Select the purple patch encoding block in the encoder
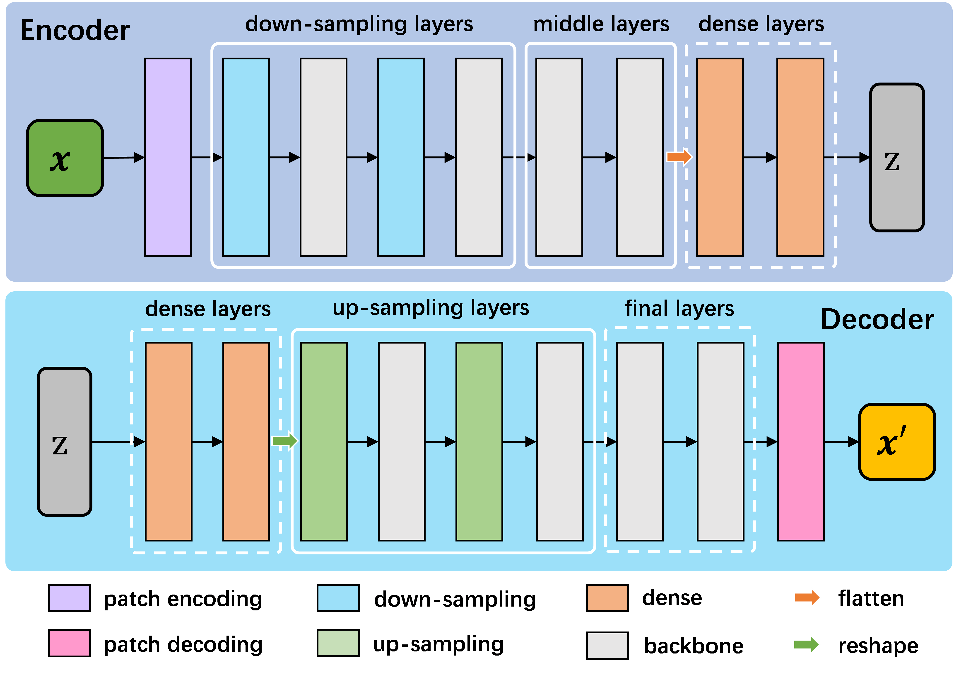pyautogui.click(x=168, y=157)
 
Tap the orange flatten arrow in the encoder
pyautogui.click(x=679, y=157)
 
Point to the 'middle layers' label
pyautogui.click(x=601, y=24)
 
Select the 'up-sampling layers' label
pyautogui.click(x=431, y=308)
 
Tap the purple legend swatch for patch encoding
pyautogui.click(x=69, y=598)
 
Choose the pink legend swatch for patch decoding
pyautogui.click(x=69, y=643)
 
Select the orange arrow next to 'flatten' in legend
pyautogui.click(x=807, y=598)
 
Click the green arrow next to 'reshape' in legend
pyautogui.click(x=806, y=645)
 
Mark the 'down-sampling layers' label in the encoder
pyautogui.click(x=359, y=24)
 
